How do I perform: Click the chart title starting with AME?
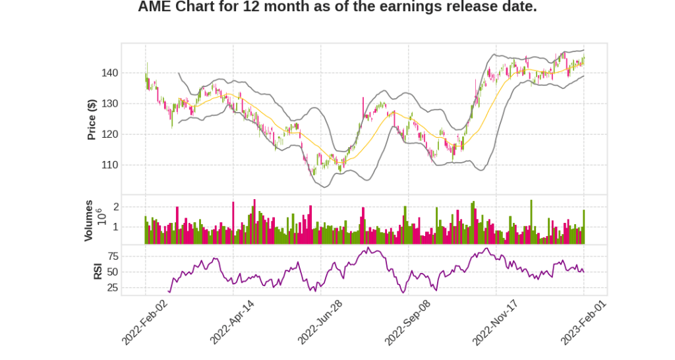pyautogui.click(x=337, y=7)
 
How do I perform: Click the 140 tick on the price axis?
pyautogui.click(x=109, y=73)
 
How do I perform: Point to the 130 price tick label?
pyautogui.click(x=109, y=104)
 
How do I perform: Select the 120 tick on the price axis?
pyautogui.click(x=109, y=135)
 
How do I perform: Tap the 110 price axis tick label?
pyautogui.click(x=109, y=165)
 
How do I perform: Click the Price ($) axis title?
pyautogui.click(x=92, y=119)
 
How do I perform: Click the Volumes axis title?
pyautogui.click(x=89, y=220)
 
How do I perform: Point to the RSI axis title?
pyautogui.click(x=98, y=271)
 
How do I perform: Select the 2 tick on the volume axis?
pyautogui.click(x=115, y=207)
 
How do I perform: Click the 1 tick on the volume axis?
pyautogui.click(x=115, y=227)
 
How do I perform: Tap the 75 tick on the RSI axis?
pyautogui.click(x=112, y=256)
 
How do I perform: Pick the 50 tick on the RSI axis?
pyautogui.click(x=112, y=272)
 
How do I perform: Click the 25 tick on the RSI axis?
pyautogui.click(x=112, y=287)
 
